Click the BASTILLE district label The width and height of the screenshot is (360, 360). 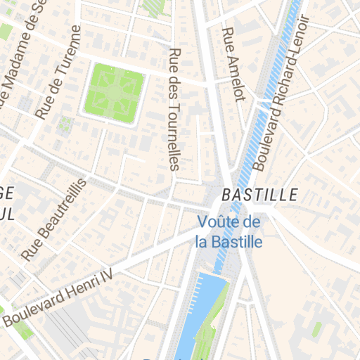(x=259, y=195)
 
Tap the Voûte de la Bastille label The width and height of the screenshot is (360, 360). (x=229, y=232)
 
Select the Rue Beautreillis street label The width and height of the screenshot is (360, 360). (x=54, y=219)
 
